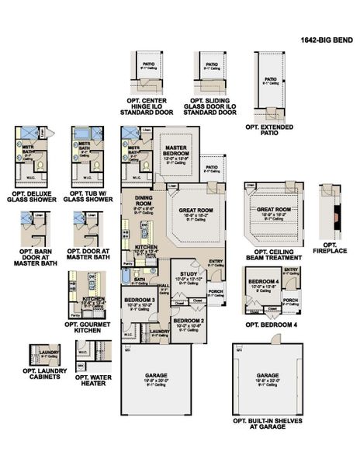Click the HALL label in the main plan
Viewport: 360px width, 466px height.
[164, 286]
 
